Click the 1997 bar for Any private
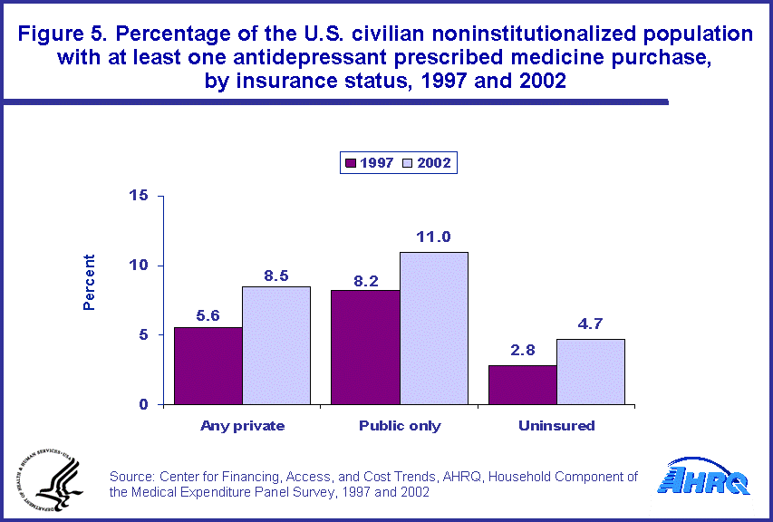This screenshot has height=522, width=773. [x=208, y=365]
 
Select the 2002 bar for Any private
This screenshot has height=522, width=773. [x=276, y=345]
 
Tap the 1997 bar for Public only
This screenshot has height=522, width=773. [x=365, y=347]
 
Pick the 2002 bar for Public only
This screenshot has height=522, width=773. [x=433, y=328]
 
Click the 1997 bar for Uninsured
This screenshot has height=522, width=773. [x=522, y=384]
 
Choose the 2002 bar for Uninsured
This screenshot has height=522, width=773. [x=590, y=372]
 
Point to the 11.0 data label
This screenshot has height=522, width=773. [x=433, y=237]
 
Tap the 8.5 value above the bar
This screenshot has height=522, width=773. [x=276, y=273]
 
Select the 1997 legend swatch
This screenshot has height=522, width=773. [x=350, y=163]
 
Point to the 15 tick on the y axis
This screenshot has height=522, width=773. [x=140, y=196]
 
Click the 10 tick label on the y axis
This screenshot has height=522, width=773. [x=140, y=266]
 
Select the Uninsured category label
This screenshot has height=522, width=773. [x=556, y=425]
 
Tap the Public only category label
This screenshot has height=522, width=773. [x=400, y=425]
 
